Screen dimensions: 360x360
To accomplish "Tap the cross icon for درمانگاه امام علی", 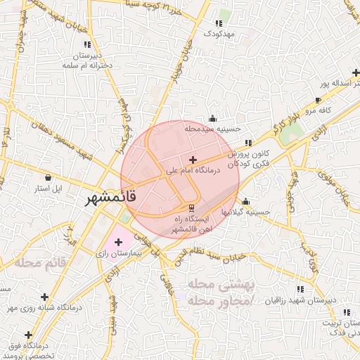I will tap(193, 160).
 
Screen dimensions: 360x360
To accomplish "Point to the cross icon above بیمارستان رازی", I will tap(118, 242).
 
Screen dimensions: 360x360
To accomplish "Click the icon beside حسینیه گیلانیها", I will tap(245, 202).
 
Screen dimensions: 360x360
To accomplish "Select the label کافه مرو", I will tap(314, 111).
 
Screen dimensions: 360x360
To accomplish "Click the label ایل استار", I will tap(49, 188).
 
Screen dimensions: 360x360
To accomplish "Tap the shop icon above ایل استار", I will tap(48, 178).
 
